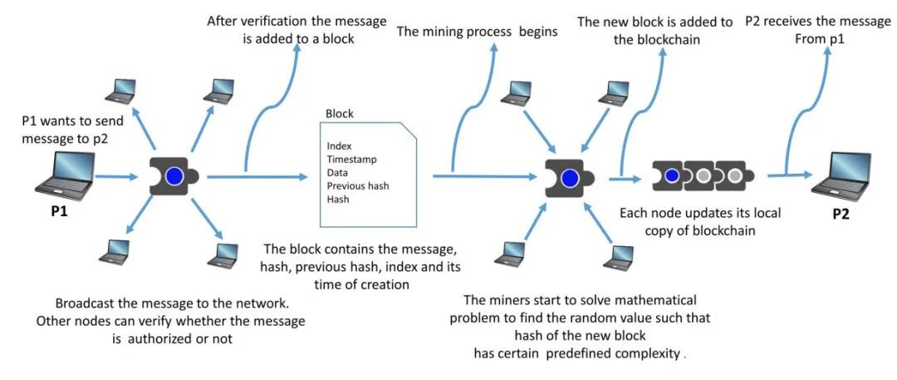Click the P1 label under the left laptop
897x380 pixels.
[x=58, y=211]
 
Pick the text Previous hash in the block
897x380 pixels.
[x=358, y=185]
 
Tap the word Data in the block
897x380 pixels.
[x=337, y=172]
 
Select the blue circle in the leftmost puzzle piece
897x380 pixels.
[x=174, y=176]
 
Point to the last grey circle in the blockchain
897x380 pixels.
[x=733, y=176]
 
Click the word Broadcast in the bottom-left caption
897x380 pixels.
[x=86, y=304]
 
